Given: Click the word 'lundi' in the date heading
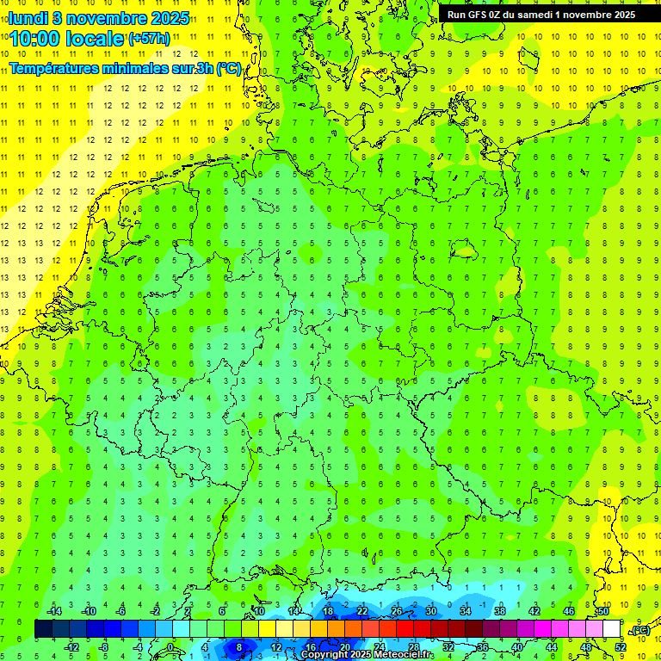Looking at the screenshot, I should click(x=28, y=18).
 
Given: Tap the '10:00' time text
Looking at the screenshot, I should click(x=35, y=39).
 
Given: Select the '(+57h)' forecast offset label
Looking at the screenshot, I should click(x=149, y=38).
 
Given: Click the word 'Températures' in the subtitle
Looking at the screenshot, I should click(x=54, y=68).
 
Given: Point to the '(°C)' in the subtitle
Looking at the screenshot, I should click(x=229, y=68).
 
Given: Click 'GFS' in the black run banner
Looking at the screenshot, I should click(x=480, y=15).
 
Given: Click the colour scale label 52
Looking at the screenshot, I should click(x=620, y=647).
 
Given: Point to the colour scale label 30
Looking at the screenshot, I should click(x=430, y=610).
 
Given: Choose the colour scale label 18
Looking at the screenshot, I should click(x=328, y=610).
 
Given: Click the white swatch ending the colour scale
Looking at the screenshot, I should click(x=611, y=629).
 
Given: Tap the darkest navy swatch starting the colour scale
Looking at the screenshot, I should click(x=43, y=629).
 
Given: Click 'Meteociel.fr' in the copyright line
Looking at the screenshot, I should click(x=405, y=655).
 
